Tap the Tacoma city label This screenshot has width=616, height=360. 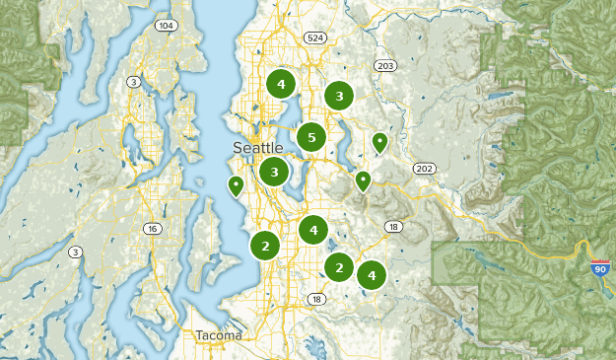[x=218, y=335]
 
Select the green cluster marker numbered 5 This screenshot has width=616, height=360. [x=311, y=138]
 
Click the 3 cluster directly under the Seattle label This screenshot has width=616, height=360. [x=274, y=172]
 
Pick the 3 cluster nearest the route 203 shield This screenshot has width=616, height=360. [x=339, y=96]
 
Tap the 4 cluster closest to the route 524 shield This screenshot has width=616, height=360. [x=281, y=84]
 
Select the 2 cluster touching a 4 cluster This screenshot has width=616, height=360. [x=340, y=267]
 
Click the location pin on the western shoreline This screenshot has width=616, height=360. [x=236, y=184]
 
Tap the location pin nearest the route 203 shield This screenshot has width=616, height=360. [x=379, y=143]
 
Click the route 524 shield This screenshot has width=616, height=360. [x=314, y=38]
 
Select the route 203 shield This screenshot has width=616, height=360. [x=384, y=65]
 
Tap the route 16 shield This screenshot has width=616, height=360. [x=151, y=229]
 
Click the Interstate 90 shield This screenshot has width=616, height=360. [x=600, y=267]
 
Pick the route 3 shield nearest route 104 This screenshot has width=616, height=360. [x=133, y=81]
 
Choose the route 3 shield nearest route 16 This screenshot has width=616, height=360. [x=75, y=252]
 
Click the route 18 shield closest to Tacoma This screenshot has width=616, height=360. [x=316, y=299]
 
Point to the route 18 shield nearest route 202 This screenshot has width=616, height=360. [x=395, y=227]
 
